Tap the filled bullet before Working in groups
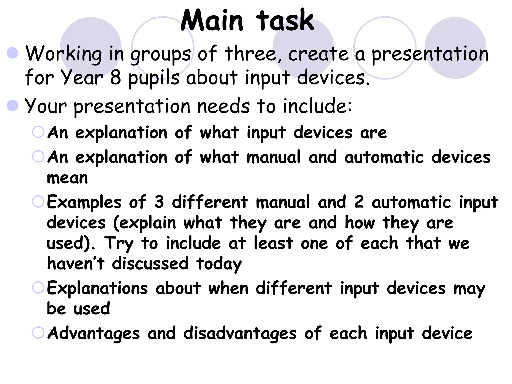(13, 53)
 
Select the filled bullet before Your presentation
(13, 105)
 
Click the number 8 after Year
(115, 77)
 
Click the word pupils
(154, 78)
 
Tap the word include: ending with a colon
(317, 106)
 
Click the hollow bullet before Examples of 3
(38, 201)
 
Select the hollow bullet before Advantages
(38, 333)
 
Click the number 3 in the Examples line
(159, 202)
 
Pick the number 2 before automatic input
(359, 202)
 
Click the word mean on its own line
(67, 178)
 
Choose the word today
(219, 264)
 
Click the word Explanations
(97, 288)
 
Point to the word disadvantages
(240, 334)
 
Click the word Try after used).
(119, 244)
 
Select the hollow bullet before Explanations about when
(38, 287)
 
